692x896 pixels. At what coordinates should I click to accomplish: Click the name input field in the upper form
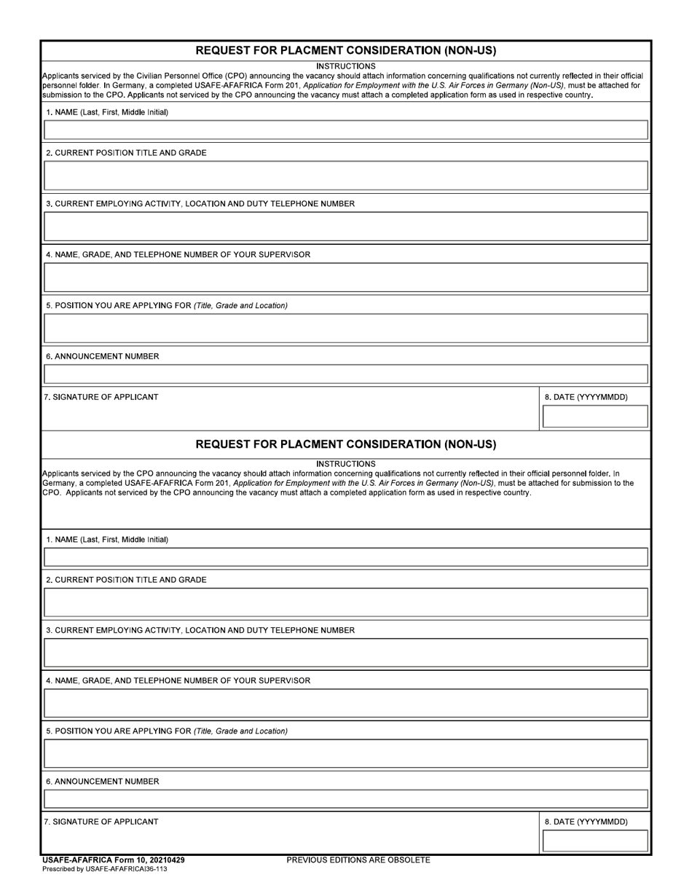coord(346,130)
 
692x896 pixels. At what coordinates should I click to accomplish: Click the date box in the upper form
coord(595,417)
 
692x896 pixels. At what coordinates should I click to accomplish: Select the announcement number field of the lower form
coord(346,798)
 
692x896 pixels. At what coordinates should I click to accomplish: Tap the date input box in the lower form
coord(595,841)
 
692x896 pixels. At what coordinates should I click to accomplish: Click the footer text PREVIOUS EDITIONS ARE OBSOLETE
coord(358,860)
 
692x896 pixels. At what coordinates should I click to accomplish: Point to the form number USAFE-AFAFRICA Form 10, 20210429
coord(114,860)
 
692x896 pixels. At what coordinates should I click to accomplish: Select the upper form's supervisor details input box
coord(346,278)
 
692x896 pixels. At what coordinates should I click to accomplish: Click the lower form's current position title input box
coord(346,602)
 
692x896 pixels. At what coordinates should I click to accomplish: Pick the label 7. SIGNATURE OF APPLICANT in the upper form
coord(101,397)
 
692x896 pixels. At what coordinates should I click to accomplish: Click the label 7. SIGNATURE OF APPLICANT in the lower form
coord(101,822)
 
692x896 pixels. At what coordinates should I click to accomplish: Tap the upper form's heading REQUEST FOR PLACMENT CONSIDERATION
coord(346,51)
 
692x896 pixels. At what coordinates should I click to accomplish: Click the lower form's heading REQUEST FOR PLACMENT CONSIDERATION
coord(346,444)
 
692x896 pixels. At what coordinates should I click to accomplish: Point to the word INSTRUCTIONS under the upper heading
coord(346,66)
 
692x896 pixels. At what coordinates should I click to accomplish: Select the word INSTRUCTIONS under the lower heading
coord(346,464)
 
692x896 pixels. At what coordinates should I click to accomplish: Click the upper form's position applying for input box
coord(346,329)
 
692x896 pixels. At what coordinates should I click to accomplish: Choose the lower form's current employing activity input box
coord(346,653)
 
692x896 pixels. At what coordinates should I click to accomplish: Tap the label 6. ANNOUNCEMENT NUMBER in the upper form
coord(103,357)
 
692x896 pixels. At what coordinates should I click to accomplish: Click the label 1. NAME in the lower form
coord(107,540)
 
